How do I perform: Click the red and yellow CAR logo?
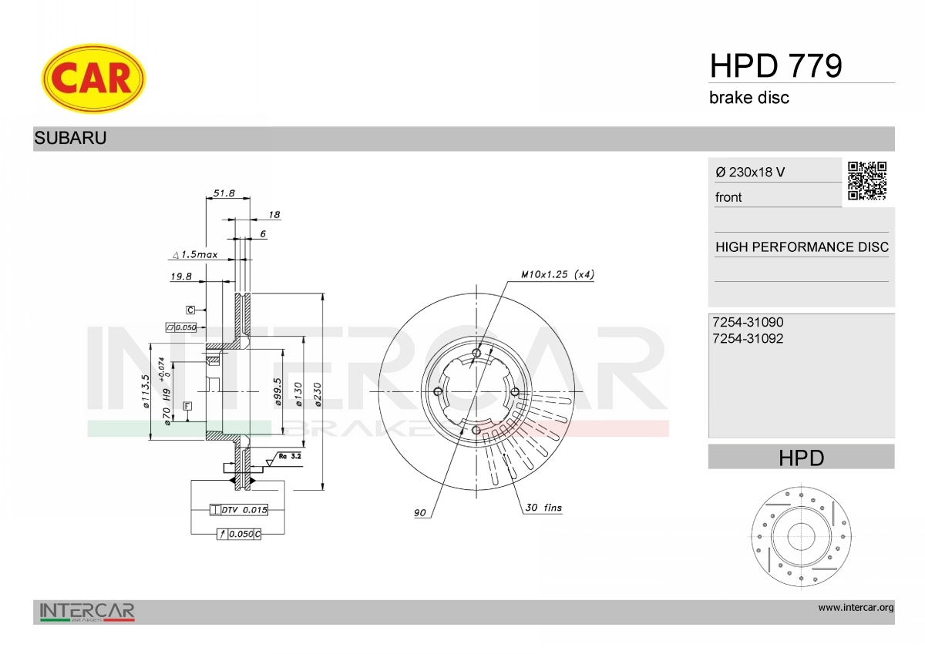(x=92, y=79)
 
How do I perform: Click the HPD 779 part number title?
(x=775, y=66)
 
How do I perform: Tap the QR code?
(x=867, y=181)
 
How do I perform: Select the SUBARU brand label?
(x=70, y=139)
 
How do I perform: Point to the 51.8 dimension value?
(x=224, y=193)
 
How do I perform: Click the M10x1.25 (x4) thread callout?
(x=557, y=274)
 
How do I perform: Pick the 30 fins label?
(x=543, y=508)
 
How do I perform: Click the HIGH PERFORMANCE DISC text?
(x=802, y=247)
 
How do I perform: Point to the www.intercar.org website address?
(x=856, y=608)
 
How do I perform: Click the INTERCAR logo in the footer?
(x=87, y=612)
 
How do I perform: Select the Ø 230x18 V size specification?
(x=750, y=173)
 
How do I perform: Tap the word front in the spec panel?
(x=728, y=197)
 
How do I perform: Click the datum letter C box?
(x=190, y=310)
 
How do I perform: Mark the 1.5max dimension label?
(x=195, y=253)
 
